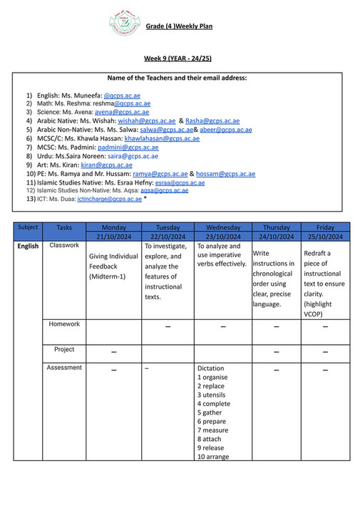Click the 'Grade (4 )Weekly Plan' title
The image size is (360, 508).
(179, 26)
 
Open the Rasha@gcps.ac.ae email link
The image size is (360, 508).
(213, 121)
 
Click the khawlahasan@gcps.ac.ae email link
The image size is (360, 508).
(161, 138)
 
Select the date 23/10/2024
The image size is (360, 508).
(220, 236)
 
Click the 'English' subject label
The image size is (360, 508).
(28, 247)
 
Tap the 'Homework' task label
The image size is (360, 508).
(64, 323)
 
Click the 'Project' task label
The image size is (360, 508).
(64, 350)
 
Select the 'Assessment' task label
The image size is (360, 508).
(64, 368)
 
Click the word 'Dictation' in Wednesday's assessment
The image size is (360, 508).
(212, 368)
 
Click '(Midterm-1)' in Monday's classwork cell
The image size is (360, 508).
(107, 276)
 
